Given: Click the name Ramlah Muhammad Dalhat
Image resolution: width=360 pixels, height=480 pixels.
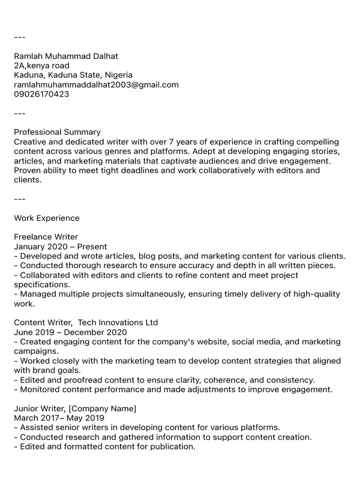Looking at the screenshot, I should (66, 56).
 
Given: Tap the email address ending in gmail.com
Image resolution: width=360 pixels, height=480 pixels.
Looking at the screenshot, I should (96, 85).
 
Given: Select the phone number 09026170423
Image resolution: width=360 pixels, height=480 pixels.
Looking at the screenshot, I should (41, 94).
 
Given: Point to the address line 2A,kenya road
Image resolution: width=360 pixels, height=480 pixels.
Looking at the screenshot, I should (41, 66).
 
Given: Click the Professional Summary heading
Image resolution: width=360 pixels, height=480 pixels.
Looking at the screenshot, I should (57, 132).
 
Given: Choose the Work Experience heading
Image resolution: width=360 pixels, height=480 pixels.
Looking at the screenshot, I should (47, 218).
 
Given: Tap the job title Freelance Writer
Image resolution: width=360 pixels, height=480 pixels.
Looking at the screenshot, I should (46, 237).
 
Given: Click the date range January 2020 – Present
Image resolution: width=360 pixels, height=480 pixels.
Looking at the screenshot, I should (60, 247).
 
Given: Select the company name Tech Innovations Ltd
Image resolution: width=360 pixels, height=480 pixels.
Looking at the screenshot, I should (118, 322).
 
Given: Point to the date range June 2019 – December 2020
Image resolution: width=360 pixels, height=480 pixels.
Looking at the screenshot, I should (71, 332).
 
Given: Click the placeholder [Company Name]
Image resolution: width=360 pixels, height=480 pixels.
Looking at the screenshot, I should (102, 409).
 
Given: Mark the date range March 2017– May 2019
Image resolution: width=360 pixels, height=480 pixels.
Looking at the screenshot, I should (59, 418).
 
